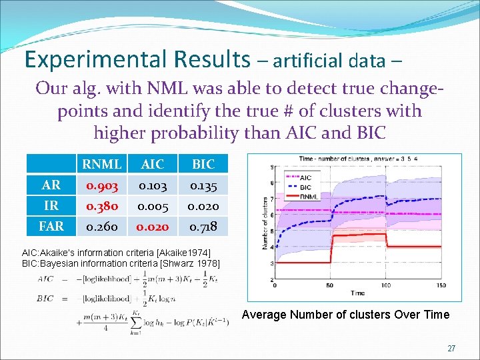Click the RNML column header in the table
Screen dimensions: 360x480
tap(101, 163)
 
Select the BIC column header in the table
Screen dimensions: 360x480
tap(203, 163)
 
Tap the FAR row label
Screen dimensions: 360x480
tap(51, 226)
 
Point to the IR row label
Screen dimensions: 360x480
tap(51, 205)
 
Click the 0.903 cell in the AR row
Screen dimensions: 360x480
tap(101, 185)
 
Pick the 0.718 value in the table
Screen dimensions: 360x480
tap(203, 226)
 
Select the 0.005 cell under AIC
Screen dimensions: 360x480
tap(153, 205)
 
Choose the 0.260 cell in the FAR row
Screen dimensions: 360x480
tap(101, 226)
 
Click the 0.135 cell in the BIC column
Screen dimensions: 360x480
tap(203, 185)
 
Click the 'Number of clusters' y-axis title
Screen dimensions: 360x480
tap(264, 223)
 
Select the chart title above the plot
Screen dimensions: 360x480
tap(365, 160)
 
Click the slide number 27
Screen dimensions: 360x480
tap(451, 348)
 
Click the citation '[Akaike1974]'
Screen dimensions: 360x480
tap(177, 253)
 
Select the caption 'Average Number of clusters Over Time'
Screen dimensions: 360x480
tap(345, 315)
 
